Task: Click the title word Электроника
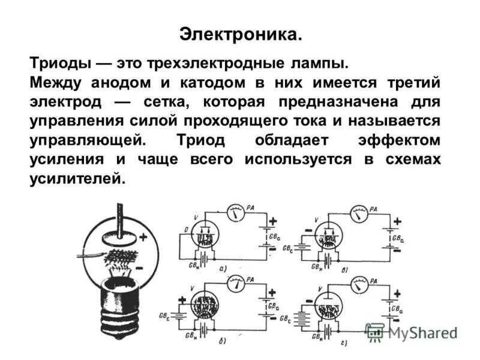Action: pos(240,34)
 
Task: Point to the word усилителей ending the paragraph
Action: pos(77,178)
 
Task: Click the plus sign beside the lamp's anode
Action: pos(143,236)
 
